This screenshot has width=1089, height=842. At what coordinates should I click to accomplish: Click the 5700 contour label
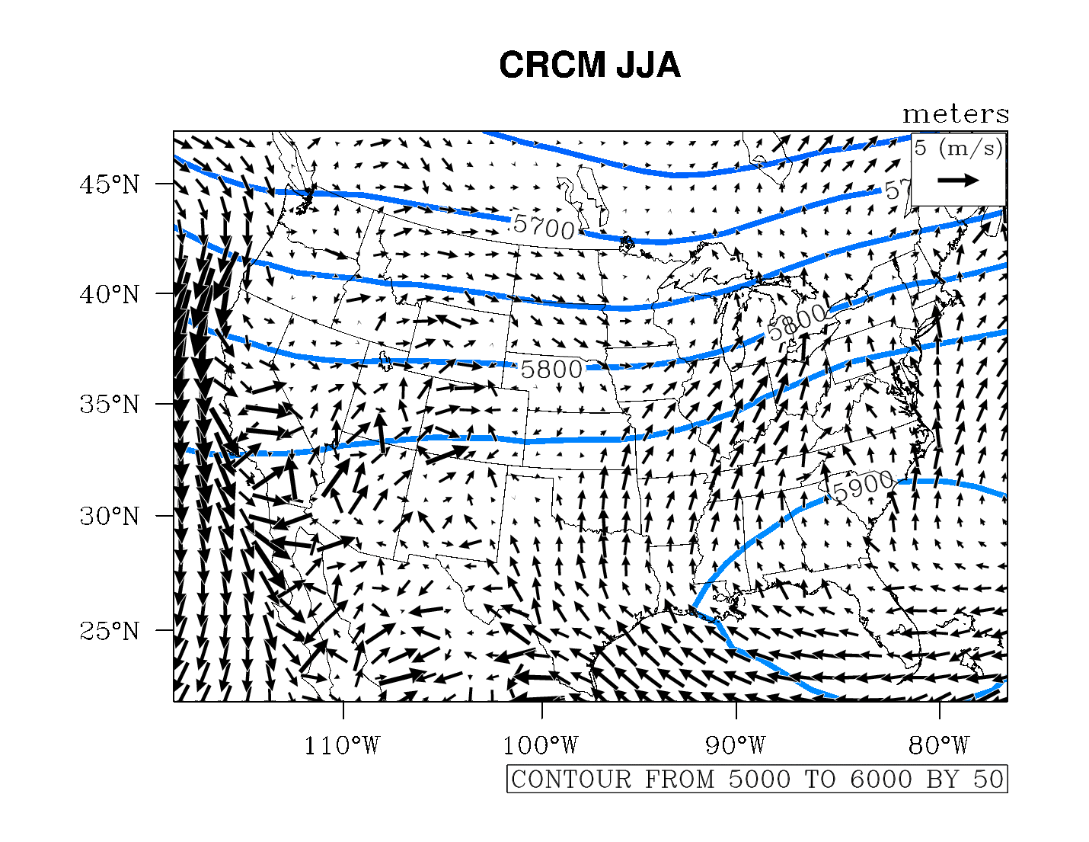(544, 226)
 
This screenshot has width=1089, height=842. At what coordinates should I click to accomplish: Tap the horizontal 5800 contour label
(551, 370)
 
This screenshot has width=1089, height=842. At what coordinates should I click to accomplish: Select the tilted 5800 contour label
(797, 322)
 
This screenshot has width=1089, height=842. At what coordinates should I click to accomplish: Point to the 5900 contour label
(863, 485)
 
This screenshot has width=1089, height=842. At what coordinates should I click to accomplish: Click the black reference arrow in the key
(958, 181)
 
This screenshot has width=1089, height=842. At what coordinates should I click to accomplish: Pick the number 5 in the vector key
(921, 148)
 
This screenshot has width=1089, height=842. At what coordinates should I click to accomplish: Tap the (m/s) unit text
(969, 148)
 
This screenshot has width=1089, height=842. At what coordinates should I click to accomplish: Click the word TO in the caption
(820, 780)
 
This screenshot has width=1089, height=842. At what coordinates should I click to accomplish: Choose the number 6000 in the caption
(881, 780)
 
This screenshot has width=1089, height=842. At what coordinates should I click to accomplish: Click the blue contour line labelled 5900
(762, 533)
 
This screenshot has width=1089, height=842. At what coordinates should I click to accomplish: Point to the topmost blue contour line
(670, 174)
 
